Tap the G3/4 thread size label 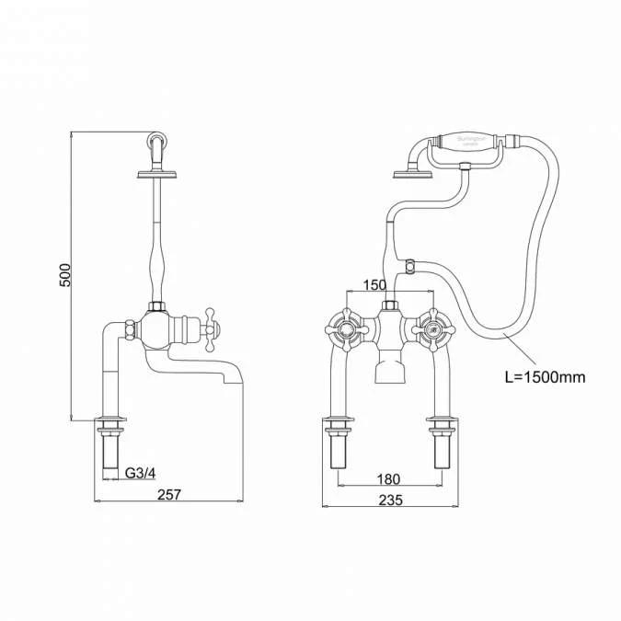click(141, 474)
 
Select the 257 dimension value click(169, 495)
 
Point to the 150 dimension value click(374, 286)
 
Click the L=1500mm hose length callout click(545, 376)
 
